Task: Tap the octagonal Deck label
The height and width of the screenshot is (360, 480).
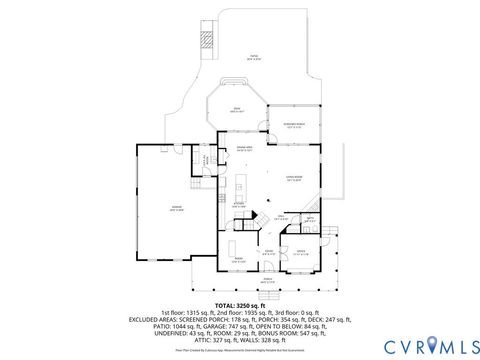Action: (236, 110)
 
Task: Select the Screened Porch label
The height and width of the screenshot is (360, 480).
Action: (293, 126)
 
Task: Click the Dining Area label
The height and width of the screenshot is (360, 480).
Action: (243, 149)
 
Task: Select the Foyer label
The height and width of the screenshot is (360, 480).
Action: (268, 252)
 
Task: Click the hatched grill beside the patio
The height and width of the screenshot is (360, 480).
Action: (208, 41)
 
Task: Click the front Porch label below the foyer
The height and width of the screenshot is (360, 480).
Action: (267, 281)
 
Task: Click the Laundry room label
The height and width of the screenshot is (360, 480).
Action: (207, 160)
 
